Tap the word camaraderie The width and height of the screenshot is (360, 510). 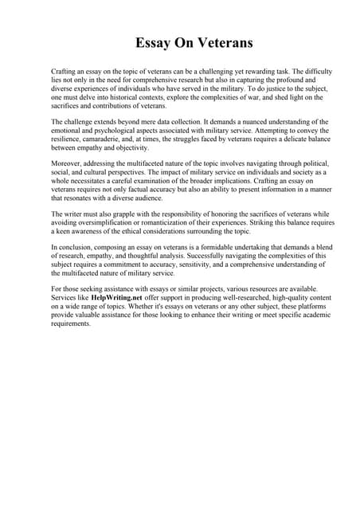(106, 139)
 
